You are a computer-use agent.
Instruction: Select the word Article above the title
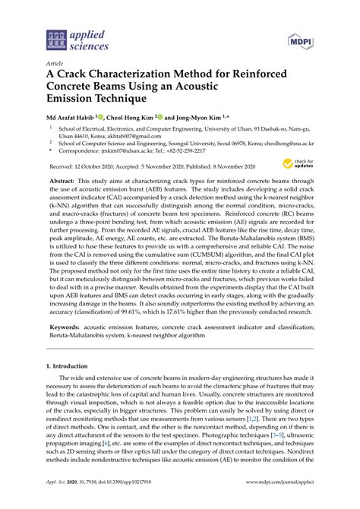[55, 64]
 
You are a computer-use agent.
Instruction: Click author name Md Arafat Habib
[75, 118]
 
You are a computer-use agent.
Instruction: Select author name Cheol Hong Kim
[133, 118]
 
